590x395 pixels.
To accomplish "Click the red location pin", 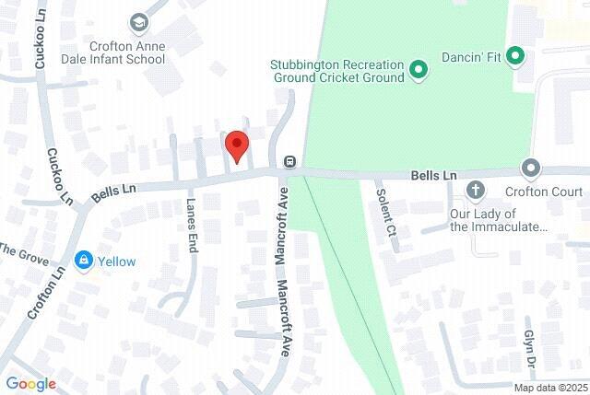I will point(237,146).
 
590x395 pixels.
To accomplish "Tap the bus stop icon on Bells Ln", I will point(289,162).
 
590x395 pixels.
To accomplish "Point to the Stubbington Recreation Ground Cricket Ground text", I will point(337,72).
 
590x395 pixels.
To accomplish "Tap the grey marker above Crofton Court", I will point(530,168).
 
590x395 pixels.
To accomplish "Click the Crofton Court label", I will point(544,192).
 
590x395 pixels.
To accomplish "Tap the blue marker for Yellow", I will point(85,261).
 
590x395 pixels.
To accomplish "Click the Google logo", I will point(30,384).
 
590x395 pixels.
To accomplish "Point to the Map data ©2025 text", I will point(549,388).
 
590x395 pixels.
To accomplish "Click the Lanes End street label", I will point(192,227).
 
